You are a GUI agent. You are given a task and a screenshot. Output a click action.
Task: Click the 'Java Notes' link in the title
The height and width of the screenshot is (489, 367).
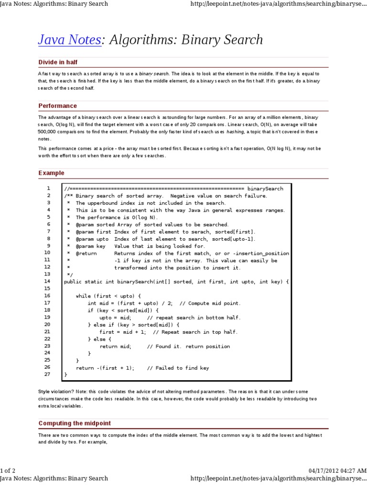pyautogui.click(x=69, y=40)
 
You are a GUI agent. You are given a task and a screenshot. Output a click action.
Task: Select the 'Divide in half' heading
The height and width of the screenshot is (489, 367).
pyautogui.click(x=58, y=63)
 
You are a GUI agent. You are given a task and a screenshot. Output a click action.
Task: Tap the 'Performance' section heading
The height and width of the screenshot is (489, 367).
pyautogui.click(x=57, y=106)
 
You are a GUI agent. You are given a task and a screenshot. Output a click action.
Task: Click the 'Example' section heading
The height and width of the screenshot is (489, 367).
pyautogui.click(x=51, y=173)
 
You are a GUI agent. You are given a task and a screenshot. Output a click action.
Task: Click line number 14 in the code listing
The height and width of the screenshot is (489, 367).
pyautogui.click(x=47, y=282)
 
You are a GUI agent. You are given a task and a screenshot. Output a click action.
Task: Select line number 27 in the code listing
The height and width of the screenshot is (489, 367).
pyautogui.click(x=47, y=374)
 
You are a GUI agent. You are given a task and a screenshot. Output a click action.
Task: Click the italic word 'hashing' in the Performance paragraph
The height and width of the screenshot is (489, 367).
pyautogui.click(x=235, y=131)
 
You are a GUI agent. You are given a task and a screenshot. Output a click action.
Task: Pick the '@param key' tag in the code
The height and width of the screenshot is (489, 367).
pyautogui.click(x=90, y=246)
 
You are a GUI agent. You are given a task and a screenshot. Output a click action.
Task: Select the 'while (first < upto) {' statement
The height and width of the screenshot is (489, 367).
pyautogui.click(x=108, y=296)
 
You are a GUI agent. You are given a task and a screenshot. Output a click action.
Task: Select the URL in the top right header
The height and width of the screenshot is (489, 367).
pyautogui.click(x=279, y=4)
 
